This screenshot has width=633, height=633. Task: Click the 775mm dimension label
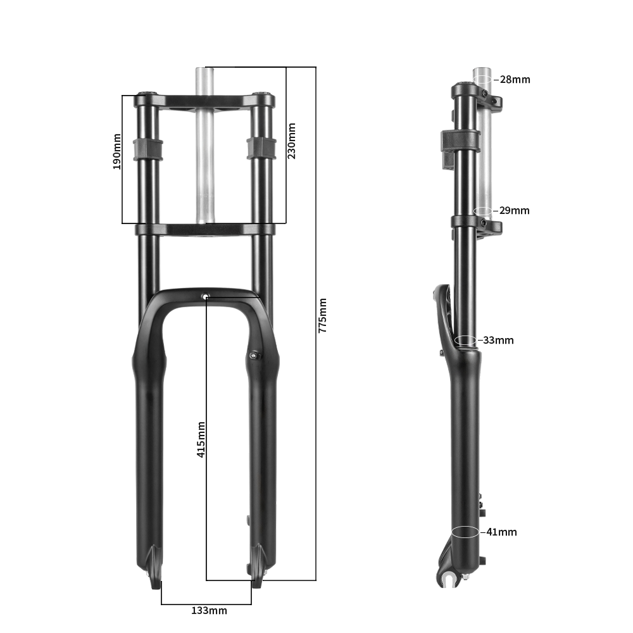coord(322,315)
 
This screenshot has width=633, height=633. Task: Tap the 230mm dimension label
coord(291,141)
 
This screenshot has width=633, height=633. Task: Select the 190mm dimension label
coord(116,151)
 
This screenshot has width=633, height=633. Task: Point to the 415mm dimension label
coord(201,439)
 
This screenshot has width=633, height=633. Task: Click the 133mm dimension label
coord(209,610)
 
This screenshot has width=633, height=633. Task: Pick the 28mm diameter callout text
coord(515,80)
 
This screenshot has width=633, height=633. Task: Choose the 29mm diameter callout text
coord(514,210)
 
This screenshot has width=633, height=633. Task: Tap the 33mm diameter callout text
coord(498,340)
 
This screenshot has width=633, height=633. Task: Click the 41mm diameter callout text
coord(501,532)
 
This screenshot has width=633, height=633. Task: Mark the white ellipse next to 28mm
coord(482,80)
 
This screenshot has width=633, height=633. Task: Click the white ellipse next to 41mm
coord(465,532)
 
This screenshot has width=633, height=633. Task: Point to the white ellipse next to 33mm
coord(465,340)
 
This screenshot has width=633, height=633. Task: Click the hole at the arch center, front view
coord(205,296)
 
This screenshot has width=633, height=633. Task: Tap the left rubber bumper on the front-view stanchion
coord(147,149)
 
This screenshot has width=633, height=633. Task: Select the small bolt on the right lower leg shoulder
coord(254,355)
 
